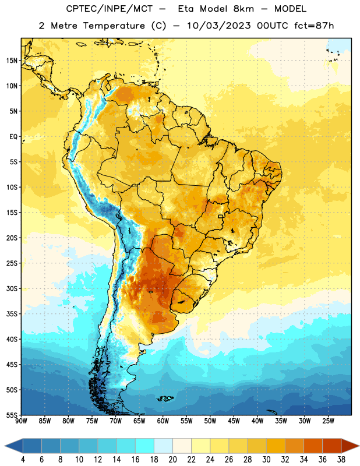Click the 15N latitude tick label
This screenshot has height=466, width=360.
pyautogui.click(x=12, y=61)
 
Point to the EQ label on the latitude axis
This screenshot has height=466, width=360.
pyautogui.click(x=13, y=137)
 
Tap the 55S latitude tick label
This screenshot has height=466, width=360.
pyautogui.click(x=12, y=415)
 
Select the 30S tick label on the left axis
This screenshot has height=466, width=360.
pyautogui.click(x=12, y=288)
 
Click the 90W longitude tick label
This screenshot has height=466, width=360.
pyautogui.click(x=21, y=421)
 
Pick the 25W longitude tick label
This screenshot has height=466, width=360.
pyautogui.click(x=328, y=421)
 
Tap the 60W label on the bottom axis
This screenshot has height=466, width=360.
pyautogui.click(x=163, y=421)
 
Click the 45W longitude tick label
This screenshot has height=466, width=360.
pyautogui.click(x=234, y=421)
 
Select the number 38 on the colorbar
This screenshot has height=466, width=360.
pyautogui.click(x=341, y=460)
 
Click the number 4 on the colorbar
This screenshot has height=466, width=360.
pyautogui.click(x=23, y=460)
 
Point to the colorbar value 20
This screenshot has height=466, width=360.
pyautogui.click(x=172, y=460)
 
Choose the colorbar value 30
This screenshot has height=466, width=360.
pyautogui.click(x=266, y=460)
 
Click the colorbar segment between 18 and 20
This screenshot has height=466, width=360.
pyautogui.click(x=163, y=446)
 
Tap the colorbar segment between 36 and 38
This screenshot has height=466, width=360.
pyautogui.click(x=332, y=446)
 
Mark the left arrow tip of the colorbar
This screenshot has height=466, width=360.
pyautogui.click(x=5, y=446)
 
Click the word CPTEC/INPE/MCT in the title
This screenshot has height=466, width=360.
pyautogui.click(x=110, y=9)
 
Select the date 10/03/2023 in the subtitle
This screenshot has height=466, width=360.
pyautogui.click(x=219, y=26)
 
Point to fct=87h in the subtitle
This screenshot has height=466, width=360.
pyautogui.click(x=314, y=26)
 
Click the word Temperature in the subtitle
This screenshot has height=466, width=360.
pyautogui.click(x=114, y=26)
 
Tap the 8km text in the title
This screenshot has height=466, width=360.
pyautogui.click(x=243, y=9)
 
